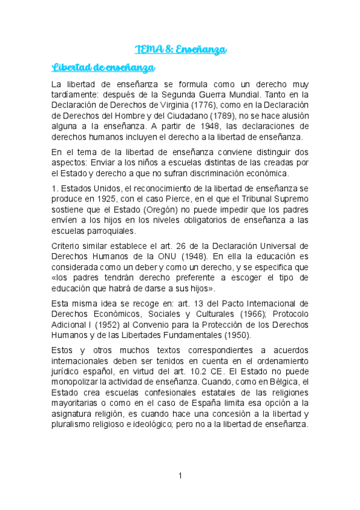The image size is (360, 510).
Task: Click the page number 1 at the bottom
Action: pos(180,476)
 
